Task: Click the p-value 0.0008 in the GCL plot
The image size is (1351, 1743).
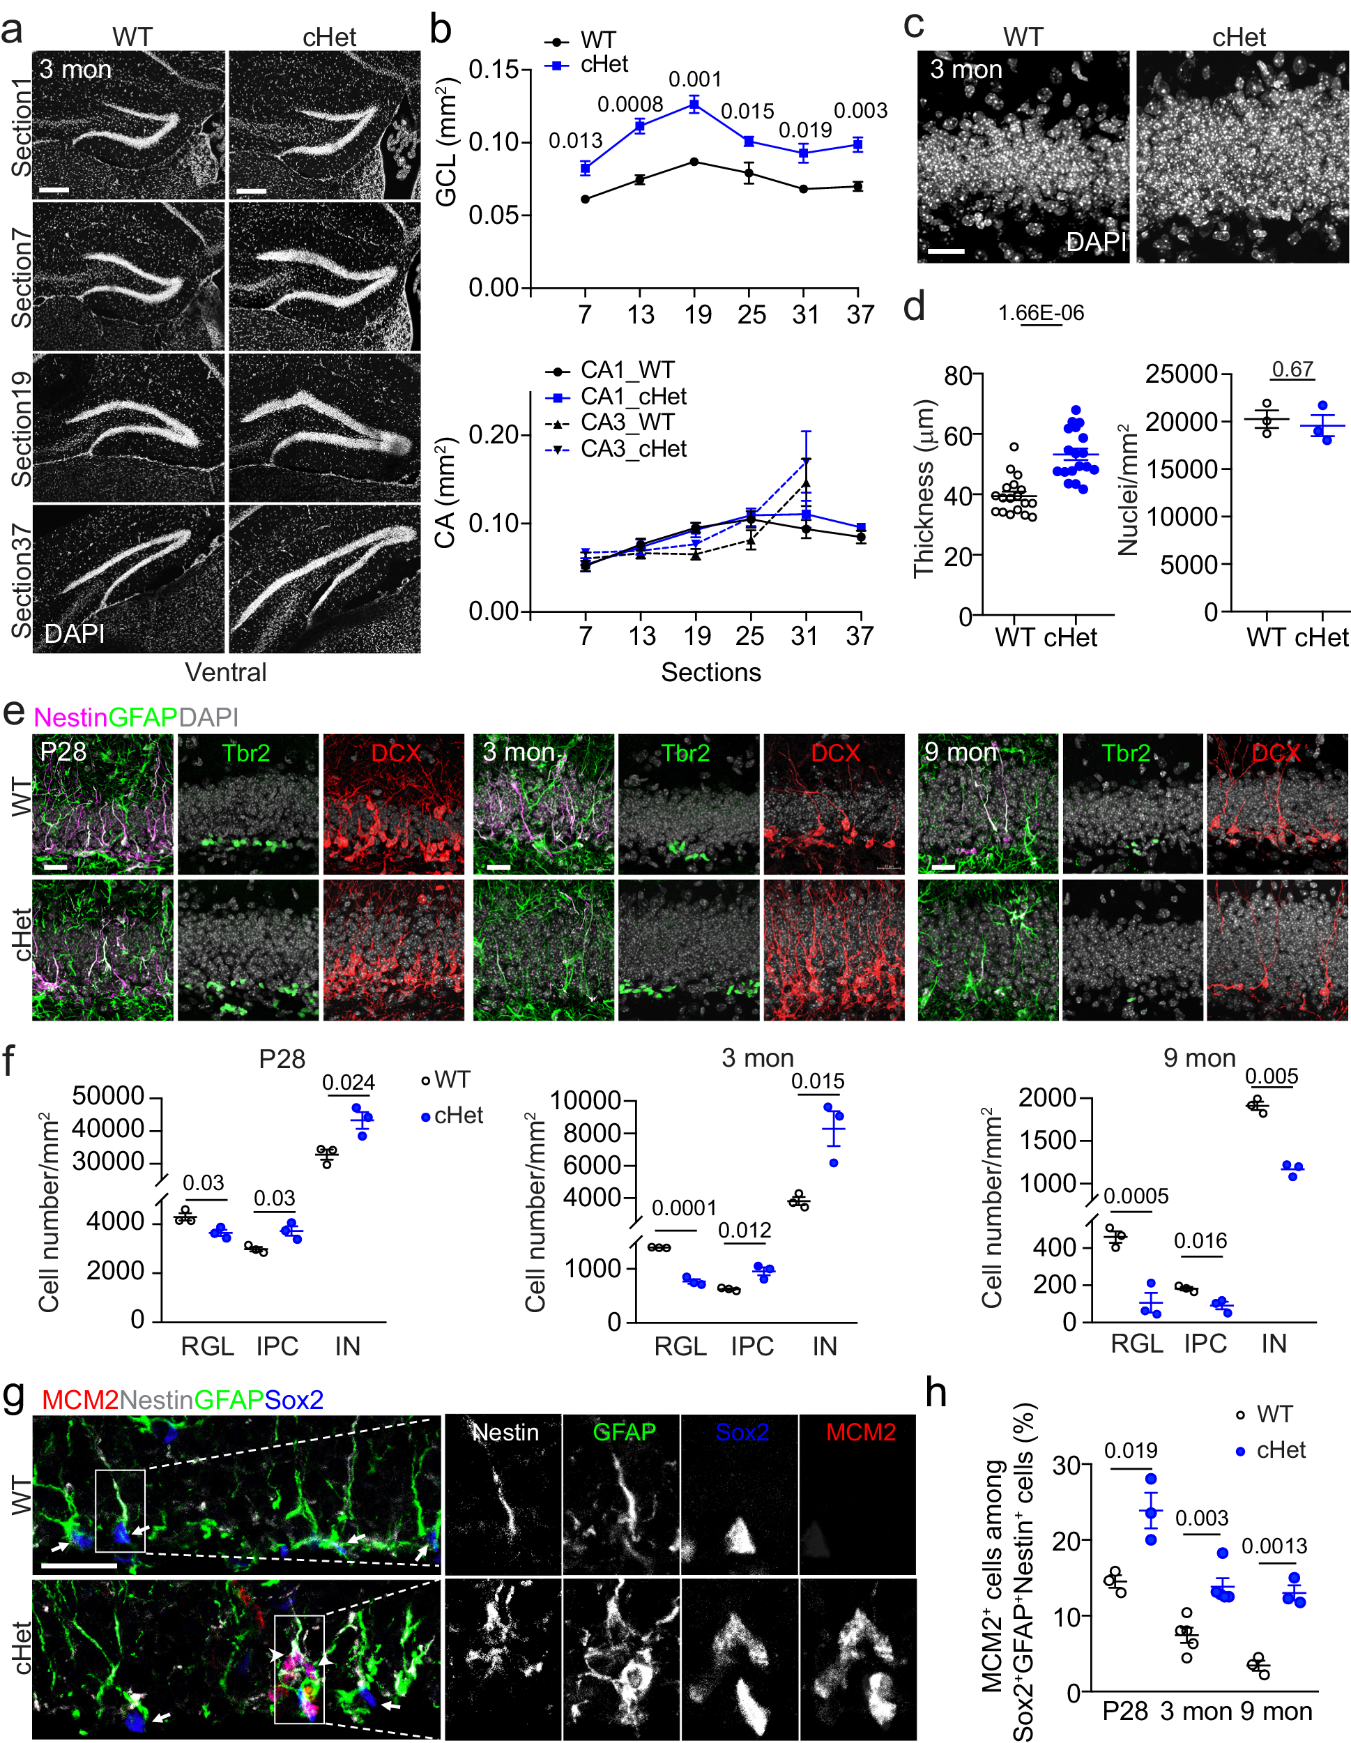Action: (x=629, y=105)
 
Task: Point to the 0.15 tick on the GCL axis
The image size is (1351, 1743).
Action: (x=494, y=70)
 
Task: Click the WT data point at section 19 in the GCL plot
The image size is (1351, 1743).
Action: (x=694, y=162)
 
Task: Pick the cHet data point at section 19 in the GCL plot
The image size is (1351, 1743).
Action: (x=694, y=104)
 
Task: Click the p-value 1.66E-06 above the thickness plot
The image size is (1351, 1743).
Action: (x=1041, y=313)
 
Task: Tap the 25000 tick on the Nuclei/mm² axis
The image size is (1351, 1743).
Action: (x=1181, y=374)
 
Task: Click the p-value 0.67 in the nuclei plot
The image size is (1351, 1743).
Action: (x=1292, y=370)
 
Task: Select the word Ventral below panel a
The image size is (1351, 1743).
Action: (x=226, y=672)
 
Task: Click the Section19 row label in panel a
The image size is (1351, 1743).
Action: (x=22, y=429)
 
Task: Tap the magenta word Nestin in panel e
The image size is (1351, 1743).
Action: (x=70, y=717)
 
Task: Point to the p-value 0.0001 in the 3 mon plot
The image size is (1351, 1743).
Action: (x=684, y=1208)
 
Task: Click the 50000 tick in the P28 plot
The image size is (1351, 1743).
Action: (x=109, y=1096)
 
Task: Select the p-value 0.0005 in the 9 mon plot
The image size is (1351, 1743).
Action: (x=1136, y=1196)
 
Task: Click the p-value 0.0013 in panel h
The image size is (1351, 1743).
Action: (x=1274, y=1546)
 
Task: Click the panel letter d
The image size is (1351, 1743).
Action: (x=915, y=307)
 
